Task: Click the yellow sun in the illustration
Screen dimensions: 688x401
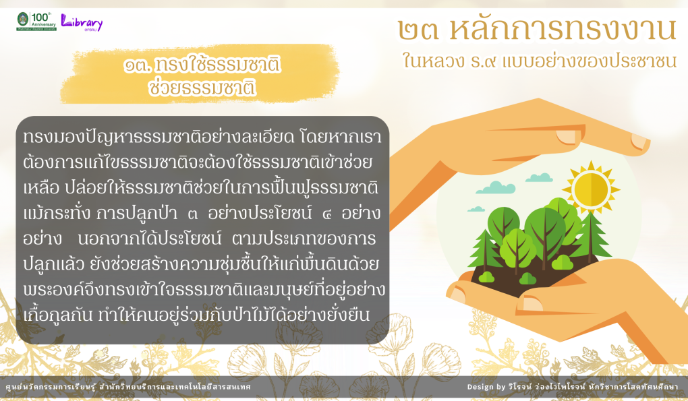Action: (591, 190)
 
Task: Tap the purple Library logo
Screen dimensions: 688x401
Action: (82, 22)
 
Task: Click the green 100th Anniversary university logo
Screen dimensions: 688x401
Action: (36, 21)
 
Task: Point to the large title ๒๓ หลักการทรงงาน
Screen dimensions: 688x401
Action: (537, 29)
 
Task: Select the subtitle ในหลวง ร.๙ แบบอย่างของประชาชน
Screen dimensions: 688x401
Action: (539, 61)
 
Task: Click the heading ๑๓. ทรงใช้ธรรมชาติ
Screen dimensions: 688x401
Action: (202, 65)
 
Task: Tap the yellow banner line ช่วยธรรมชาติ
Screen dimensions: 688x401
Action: (202, 87)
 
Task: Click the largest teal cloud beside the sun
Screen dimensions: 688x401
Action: (496, 187)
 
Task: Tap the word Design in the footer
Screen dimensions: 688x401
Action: (480, 387)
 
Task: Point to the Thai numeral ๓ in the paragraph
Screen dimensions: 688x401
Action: (192, 214)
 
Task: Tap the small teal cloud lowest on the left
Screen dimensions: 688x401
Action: (476, 209)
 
